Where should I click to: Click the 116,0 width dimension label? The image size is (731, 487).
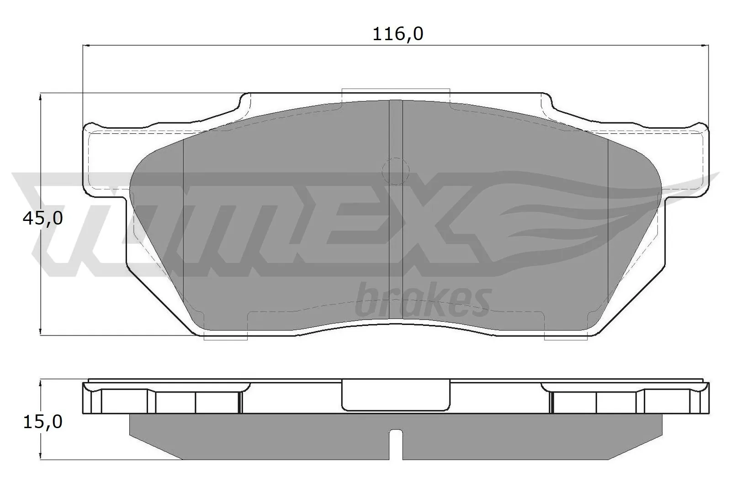coord(398,34)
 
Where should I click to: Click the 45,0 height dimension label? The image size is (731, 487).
coord(42,219)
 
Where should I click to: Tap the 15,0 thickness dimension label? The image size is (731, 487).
coord(42,422)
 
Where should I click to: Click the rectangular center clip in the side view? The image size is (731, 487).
coord(396,395)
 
